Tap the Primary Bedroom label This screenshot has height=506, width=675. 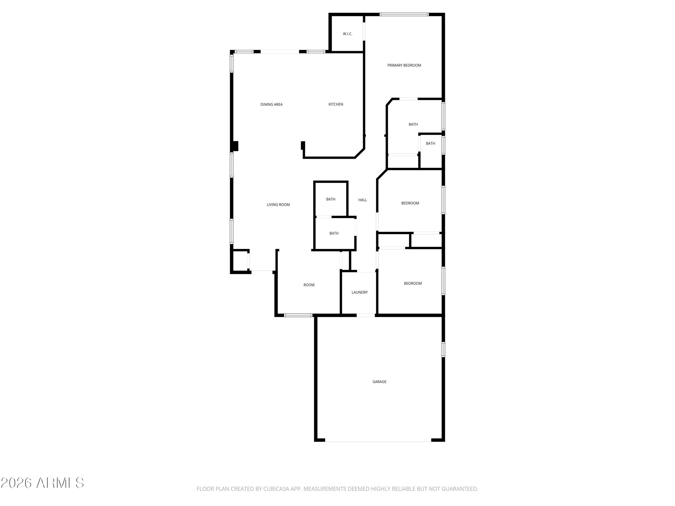tap(404, 65)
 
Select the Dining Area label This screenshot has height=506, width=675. tap(271, 104)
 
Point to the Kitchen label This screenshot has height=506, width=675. tap(336, 104)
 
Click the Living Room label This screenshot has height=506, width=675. tap(278, 205)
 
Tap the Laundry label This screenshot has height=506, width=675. tap(360, 292)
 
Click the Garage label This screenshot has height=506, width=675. tap(379, 382)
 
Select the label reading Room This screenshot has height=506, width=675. tap(309, 285)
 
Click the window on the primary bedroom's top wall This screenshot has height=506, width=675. tap(404, 14)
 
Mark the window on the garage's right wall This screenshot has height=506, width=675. tap(443, 349)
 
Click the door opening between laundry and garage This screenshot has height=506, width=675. tap(366, 315)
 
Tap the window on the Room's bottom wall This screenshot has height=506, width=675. tap(298, 315)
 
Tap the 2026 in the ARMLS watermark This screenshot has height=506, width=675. tap(16, 483)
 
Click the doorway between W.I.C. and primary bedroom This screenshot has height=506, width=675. tap(364, 31)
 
